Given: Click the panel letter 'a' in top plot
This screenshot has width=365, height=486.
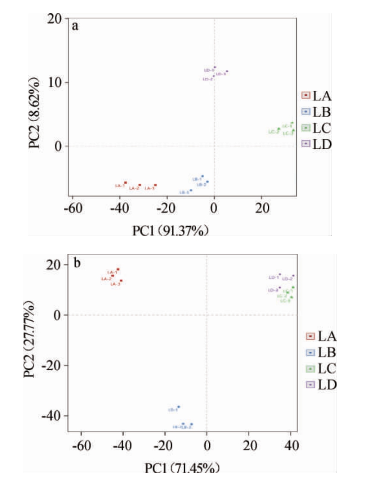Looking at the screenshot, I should click(75, 26).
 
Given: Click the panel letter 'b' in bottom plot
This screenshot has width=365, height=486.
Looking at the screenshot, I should click(77, 263).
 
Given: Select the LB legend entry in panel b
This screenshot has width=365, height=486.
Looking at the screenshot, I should click(321, 353).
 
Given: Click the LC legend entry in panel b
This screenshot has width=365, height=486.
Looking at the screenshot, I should click(321, 369).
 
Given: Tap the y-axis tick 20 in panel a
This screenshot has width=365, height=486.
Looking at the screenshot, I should click(55, 18).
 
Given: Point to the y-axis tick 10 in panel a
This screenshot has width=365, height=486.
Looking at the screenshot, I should click(55, 82).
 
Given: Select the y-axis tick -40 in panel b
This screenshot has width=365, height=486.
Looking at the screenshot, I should click(51, 415).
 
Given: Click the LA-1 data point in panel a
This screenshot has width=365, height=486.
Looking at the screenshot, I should click(126, 182).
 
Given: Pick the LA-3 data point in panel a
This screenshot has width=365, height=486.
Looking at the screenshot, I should click(155, 185).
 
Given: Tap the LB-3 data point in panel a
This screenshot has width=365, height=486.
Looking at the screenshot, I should click(191, 190).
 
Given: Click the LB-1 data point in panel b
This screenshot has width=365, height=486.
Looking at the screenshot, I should click(179, 406).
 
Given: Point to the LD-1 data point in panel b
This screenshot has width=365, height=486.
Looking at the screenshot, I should click(280, 274).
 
